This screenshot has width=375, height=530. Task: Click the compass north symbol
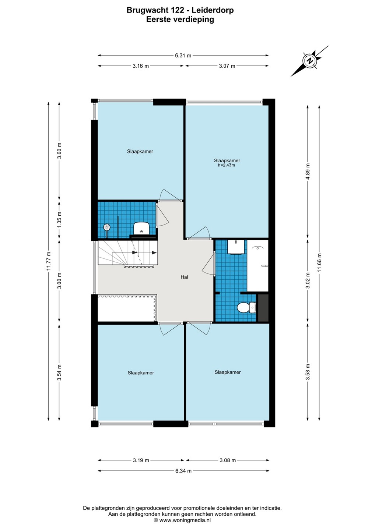coord(309,61)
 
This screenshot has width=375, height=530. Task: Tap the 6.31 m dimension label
coord(183,56)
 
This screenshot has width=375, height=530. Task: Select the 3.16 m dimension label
coord(141,66)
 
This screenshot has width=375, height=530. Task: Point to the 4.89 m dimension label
coord(308,171)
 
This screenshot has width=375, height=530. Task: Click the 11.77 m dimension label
coord(49,261)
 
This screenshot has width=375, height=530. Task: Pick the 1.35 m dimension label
coord(59,220)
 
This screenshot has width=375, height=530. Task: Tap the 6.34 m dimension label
coord(183,471)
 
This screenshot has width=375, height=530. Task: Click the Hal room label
coord(184,277)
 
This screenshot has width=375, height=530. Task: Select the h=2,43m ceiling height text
coord(226,165)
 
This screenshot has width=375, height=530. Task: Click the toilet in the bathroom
coord(246,308)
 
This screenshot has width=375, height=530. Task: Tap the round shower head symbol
coord(107,227)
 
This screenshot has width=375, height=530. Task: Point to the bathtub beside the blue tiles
coord(257,265)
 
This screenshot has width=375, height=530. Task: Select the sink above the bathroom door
coord(236,247)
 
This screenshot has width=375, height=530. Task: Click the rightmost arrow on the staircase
coord(154,252)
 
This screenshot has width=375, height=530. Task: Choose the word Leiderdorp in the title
coord(212,10)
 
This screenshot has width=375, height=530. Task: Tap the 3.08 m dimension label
coord(228,460)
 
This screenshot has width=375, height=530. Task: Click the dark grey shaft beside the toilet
coord(263,308)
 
